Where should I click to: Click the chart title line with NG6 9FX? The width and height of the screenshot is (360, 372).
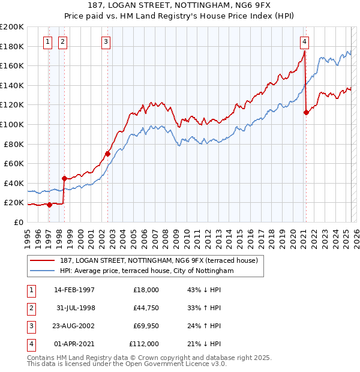tap(179, 5)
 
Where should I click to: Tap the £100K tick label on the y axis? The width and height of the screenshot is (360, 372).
tap(12, 124)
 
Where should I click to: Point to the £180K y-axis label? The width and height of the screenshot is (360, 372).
tap(12, 46)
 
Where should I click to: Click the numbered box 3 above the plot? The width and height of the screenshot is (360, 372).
tap(106, 41)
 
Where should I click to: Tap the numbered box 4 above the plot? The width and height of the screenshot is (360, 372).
tap(305, 41)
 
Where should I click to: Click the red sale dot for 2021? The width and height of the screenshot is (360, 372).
tap(306, 112)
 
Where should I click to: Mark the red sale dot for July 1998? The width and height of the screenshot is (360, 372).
tap(64, 178)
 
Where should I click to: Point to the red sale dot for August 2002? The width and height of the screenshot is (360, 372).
tap(107, 154)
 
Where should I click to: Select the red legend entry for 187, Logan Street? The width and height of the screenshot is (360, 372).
tap(159, 260)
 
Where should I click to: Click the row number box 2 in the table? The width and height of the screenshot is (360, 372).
tap(31, 308)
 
